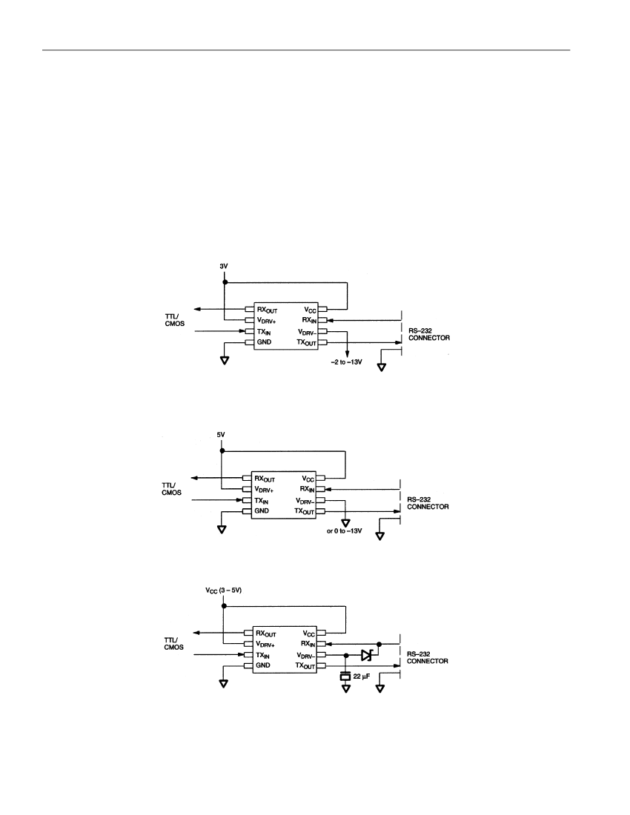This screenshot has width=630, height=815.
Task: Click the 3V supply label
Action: (224, 266)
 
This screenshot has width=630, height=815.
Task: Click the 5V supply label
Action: (221, 434)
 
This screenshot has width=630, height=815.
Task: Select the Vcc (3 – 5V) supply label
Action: (224, 591)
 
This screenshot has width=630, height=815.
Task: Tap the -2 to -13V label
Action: (346, 362)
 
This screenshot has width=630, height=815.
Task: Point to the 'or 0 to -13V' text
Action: (344, 531)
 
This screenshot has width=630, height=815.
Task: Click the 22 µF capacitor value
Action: (362, 676)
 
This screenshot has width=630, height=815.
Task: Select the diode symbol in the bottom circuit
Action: (367, 655)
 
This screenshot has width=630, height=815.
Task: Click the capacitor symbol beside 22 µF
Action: (345, 676)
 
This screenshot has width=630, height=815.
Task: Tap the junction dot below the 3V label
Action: (225, 282)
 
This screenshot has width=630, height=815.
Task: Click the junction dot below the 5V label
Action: (222, 450)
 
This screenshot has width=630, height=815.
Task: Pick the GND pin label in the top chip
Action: (264, 342)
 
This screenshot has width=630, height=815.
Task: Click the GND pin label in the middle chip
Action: (262, 511)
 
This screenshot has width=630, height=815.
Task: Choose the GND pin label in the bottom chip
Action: (263, 665)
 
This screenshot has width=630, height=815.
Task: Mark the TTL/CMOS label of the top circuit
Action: (175, 319)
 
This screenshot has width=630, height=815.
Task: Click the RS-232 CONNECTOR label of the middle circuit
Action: (428, 503)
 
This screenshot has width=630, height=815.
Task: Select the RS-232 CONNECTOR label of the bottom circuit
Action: (427, 657)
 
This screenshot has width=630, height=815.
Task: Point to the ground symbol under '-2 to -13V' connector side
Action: (382, 367)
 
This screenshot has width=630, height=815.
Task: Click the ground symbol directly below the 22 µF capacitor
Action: (345, 689)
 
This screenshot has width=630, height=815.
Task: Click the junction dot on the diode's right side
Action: (379, 644)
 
